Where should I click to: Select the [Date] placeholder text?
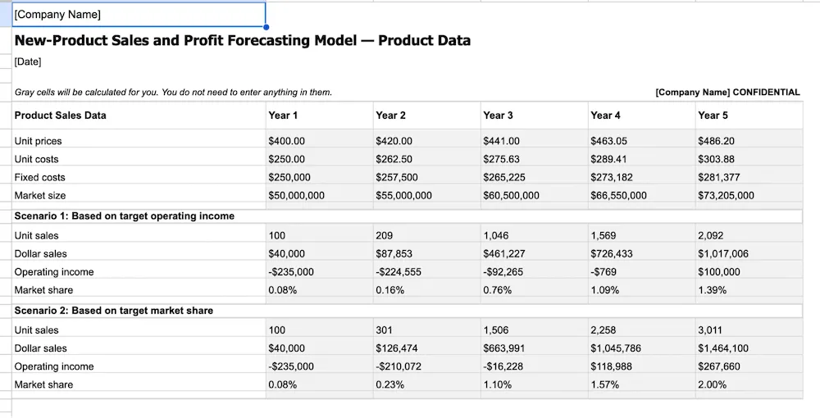(28, 62)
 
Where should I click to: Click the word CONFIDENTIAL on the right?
(766, 93)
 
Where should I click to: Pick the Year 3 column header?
(499, 116)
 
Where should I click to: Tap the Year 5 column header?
(713, 116)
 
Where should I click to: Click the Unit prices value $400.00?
(287, 141)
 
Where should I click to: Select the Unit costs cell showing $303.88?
(716, 159)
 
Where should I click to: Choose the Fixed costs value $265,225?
(504, 177)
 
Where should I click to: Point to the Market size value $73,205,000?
(726, 195)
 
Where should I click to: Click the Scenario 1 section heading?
(125, 216)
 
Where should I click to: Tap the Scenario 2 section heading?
(114, 311)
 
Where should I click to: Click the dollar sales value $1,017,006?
(723, 254)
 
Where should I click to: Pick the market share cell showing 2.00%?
(713, 384)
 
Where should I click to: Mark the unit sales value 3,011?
(710, 330)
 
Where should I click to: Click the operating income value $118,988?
(612, 366)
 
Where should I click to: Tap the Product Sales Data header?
(61, 116)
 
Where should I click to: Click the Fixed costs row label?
(40, 177)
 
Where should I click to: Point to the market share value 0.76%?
(498, 290)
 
